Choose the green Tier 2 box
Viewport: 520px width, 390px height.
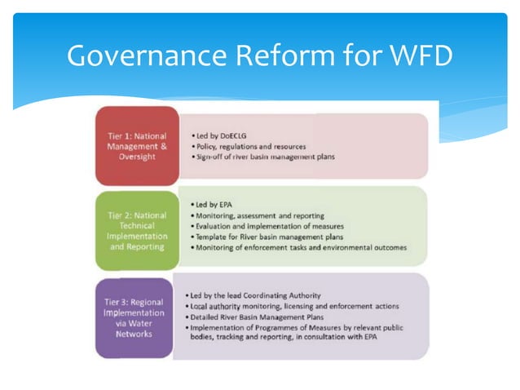pos(136,231)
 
